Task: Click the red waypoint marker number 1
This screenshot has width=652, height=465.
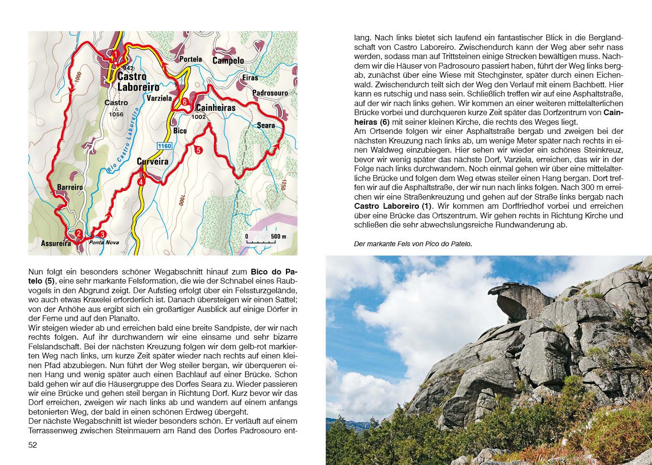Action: point(116,54)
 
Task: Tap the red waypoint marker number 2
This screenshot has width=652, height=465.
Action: point(78,234)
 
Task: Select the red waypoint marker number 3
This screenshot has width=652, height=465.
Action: point(102,234)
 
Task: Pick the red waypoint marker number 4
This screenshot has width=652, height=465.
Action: point(141,182)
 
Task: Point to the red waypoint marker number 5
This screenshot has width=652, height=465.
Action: point(199,150)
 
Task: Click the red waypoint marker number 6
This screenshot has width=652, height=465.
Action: point(185,101)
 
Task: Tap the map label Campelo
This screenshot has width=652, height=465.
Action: point(228,60)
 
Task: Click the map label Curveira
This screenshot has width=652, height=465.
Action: point(153,162)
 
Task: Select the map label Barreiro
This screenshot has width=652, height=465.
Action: point(70,187)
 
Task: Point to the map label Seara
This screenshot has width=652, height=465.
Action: point(266,126)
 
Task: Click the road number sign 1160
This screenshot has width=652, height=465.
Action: point(164,146)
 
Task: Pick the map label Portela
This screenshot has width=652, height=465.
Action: point(190,60)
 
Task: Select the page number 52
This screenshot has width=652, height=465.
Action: point(33,445)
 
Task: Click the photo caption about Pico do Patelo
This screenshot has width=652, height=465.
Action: point(413,244)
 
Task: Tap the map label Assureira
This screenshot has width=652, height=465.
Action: point(56,243)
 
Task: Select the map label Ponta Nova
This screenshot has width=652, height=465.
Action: point(104,243)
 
